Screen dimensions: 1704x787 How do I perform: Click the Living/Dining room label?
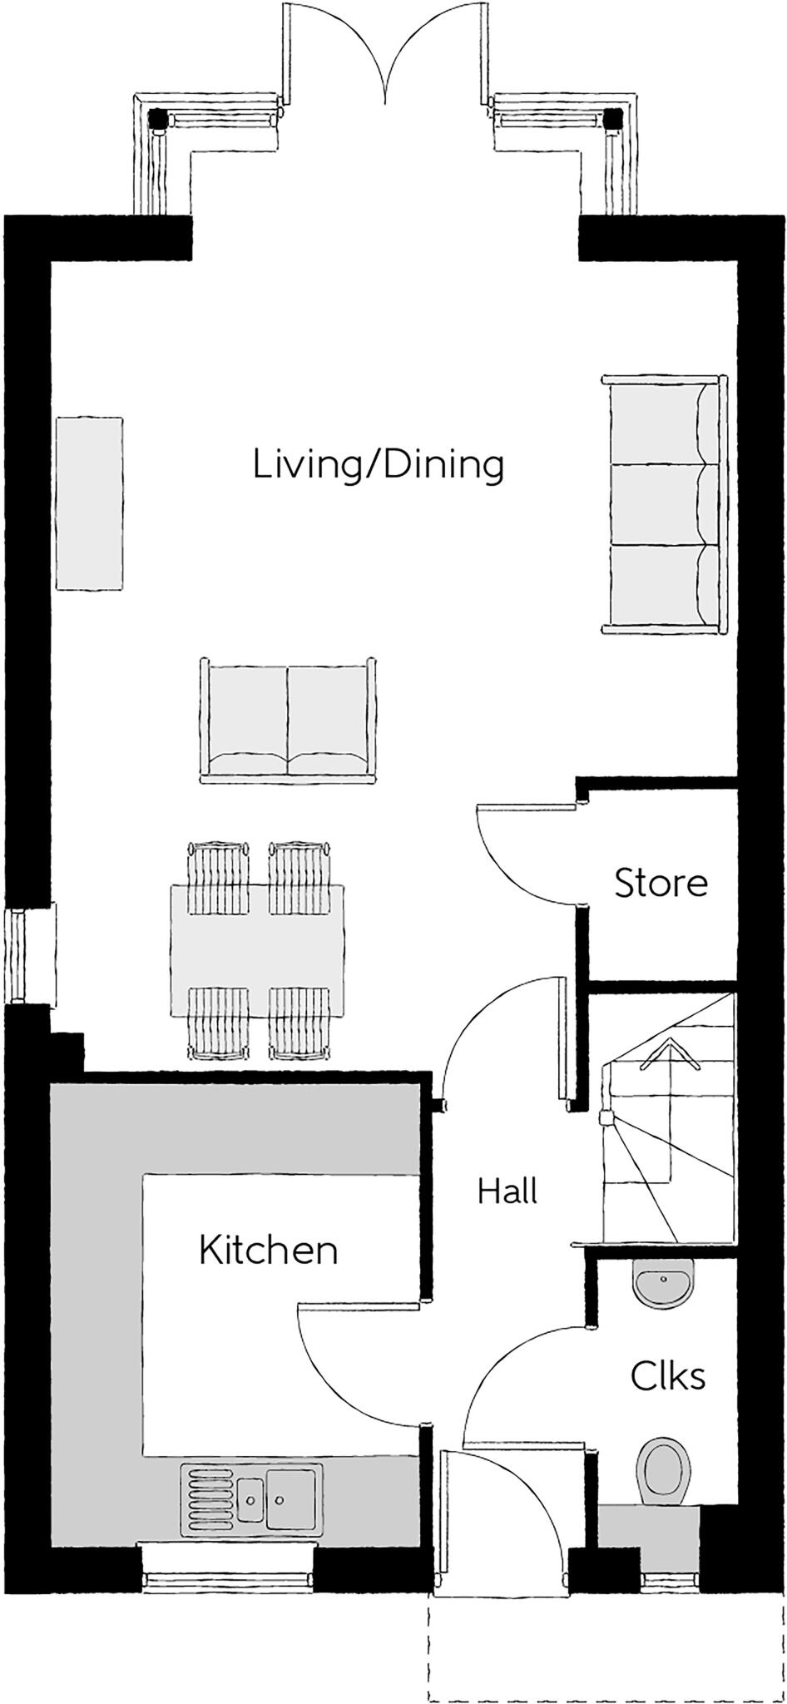379,464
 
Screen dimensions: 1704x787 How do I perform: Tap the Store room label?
661,883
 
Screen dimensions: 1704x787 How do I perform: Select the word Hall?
507,1191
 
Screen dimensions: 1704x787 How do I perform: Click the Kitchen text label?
268,1250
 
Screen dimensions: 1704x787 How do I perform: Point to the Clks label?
668,1376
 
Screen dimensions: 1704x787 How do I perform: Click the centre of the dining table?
258,951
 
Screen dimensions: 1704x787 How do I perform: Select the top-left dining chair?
219,877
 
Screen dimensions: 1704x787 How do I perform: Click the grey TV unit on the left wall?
90,504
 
